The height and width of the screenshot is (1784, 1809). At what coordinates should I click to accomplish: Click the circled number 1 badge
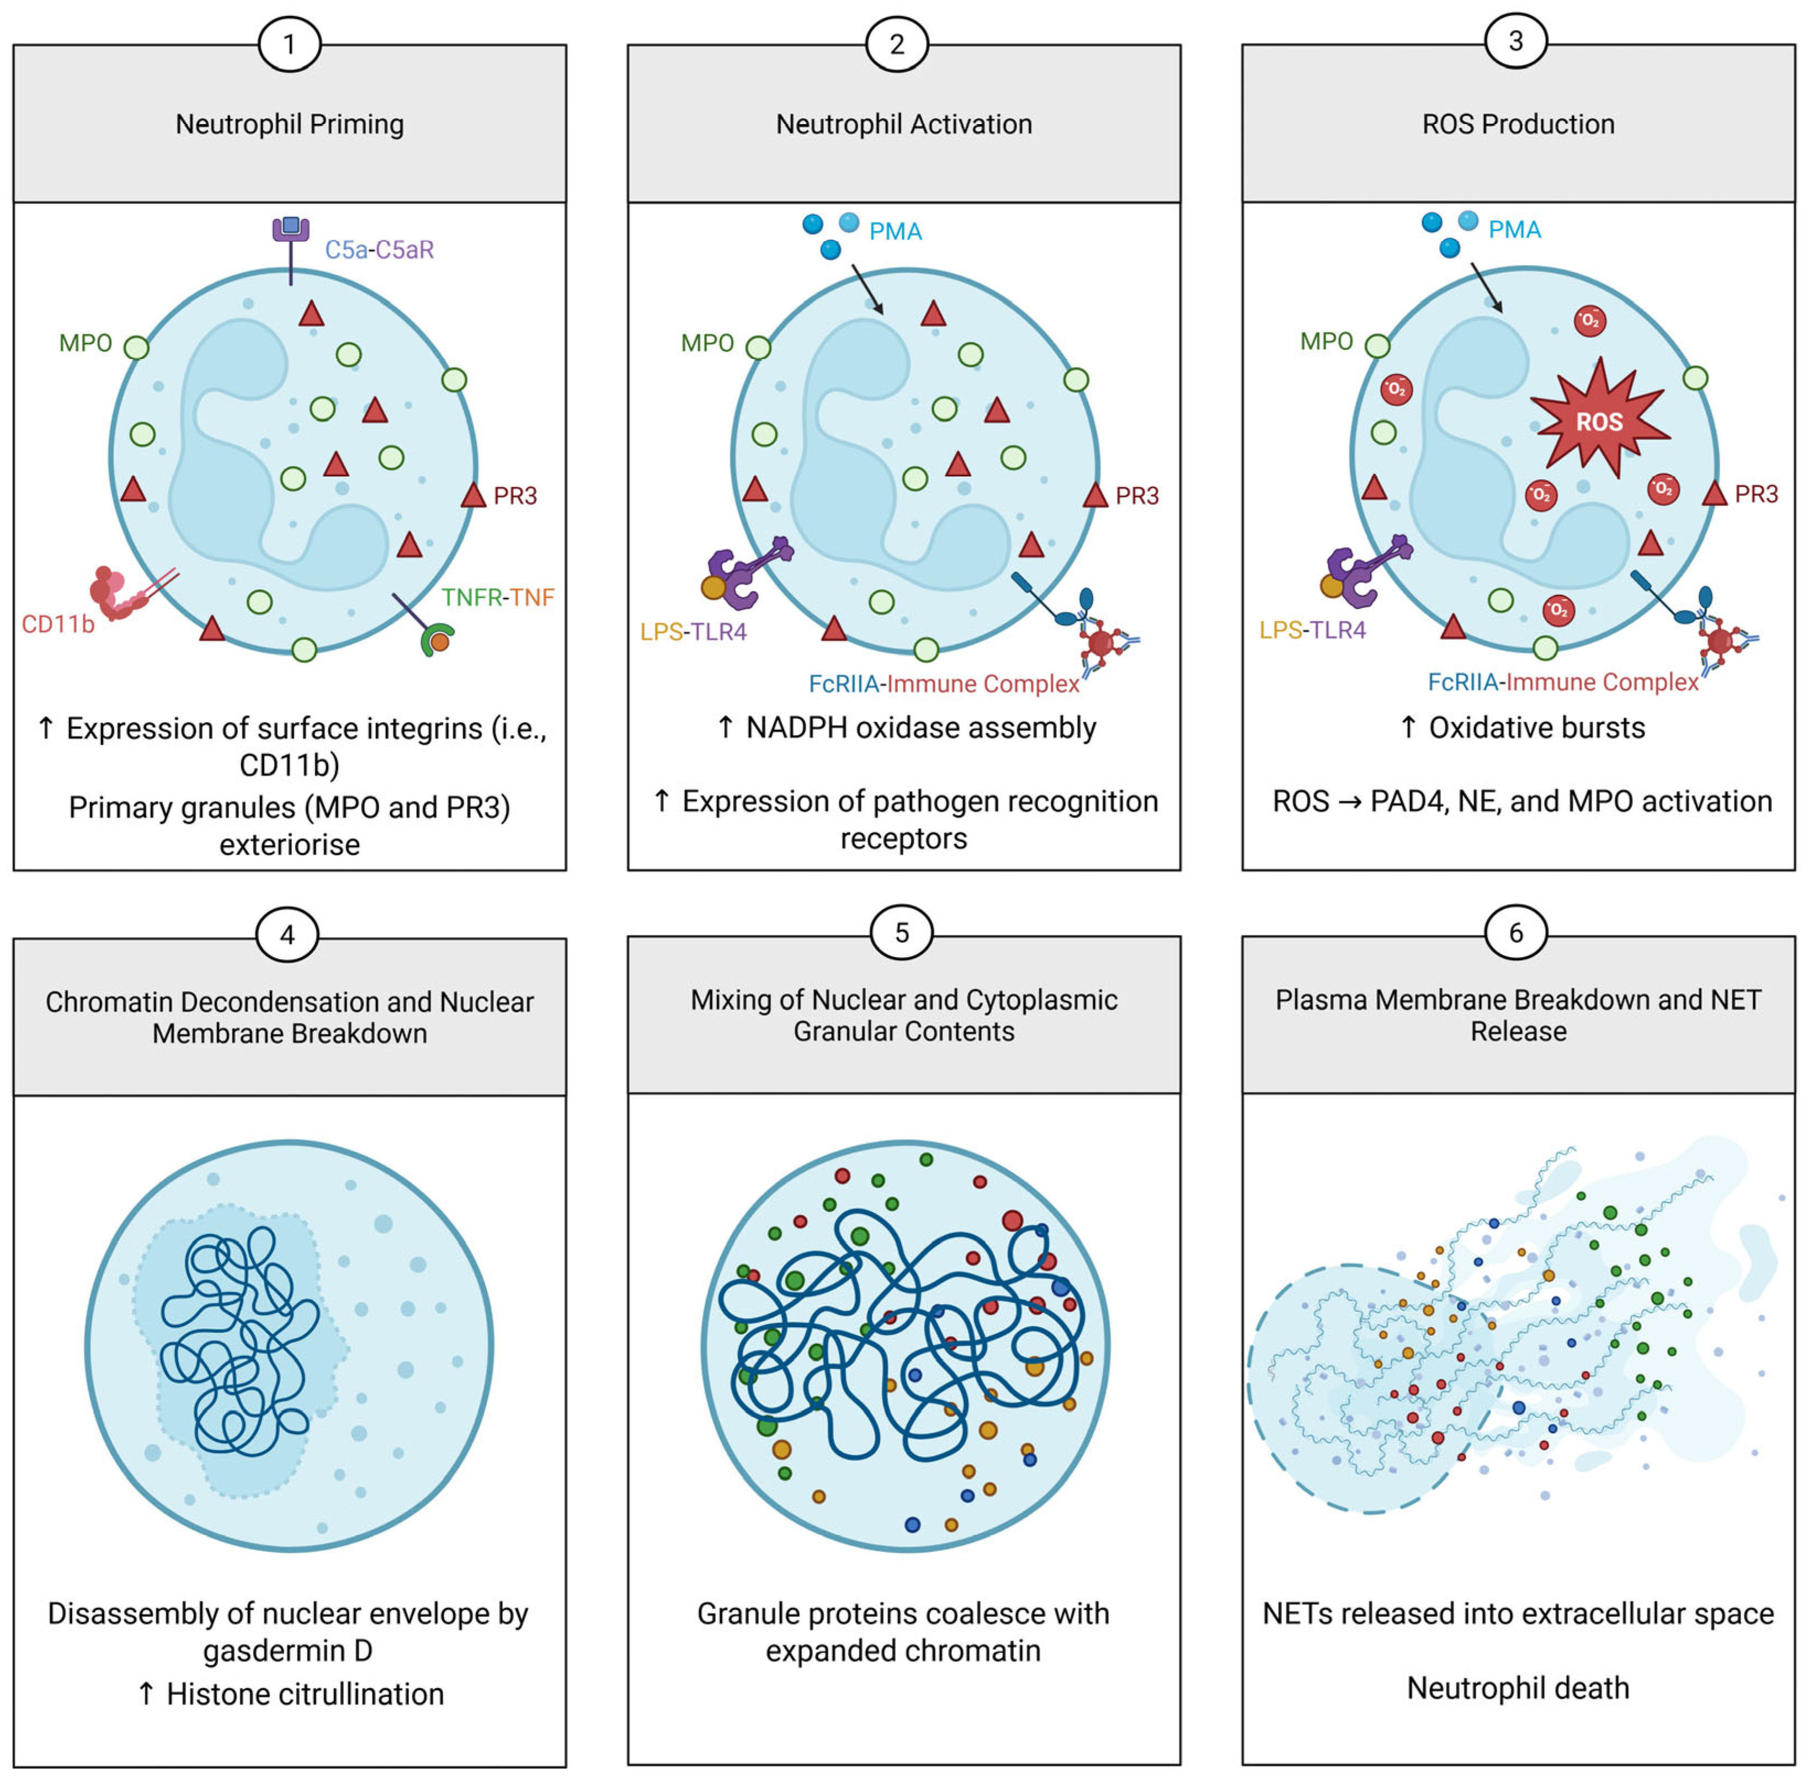pos(289,44)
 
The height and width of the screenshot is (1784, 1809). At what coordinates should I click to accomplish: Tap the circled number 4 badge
pos(288,934)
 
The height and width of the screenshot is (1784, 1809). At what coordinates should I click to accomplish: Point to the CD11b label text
pos(58,624)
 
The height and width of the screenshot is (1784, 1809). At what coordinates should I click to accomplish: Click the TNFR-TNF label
pos(497,597)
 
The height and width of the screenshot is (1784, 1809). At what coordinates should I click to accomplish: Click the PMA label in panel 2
pos(895,231)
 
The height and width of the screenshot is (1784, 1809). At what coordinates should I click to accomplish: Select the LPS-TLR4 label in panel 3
pos(1312,630)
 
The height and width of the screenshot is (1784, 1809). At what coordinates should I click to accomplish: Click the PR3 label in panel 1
pos(515,496)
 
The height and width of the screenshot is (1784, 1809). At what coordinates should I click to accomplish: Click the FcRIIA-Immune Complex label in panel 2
pos(944,684)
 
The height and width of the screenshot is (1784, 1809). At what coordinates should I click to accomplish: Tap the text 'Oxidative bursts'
pos(1536,727)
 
